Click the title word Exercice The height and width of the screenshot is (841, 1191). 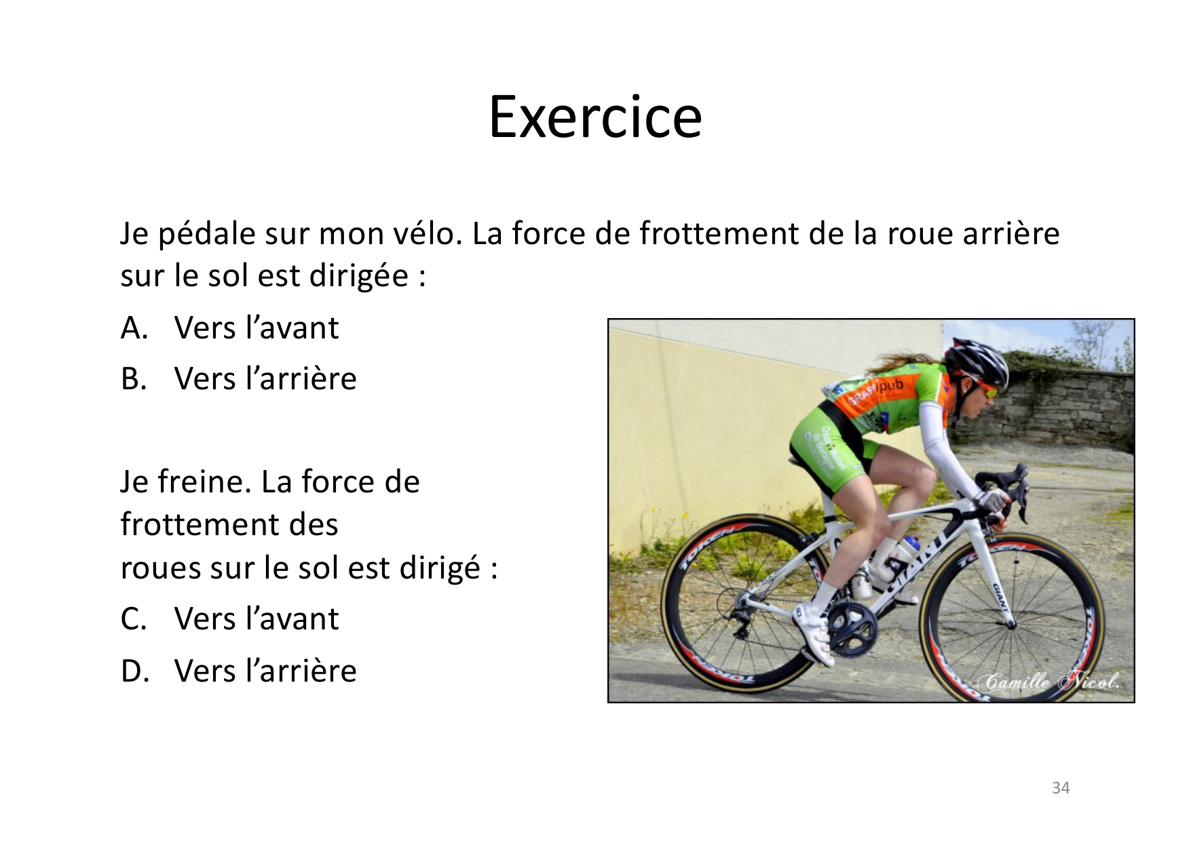(595, 117)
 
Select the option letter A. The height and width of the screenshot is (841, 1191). (134, 328)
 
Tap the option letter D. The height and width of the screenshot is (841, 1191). (134, 671)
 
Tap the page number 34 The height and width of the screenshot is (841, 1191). (1060, 787)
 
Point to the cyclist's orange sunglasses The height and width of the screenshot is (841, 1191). (985, 389)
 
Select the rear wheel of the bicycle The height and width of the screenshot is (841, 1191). (740, 604)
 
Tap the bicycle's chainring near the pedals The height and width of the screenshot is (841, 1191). (851, 627)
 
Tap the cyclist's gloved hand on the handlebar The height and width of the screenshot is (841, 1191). (993, 503)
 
